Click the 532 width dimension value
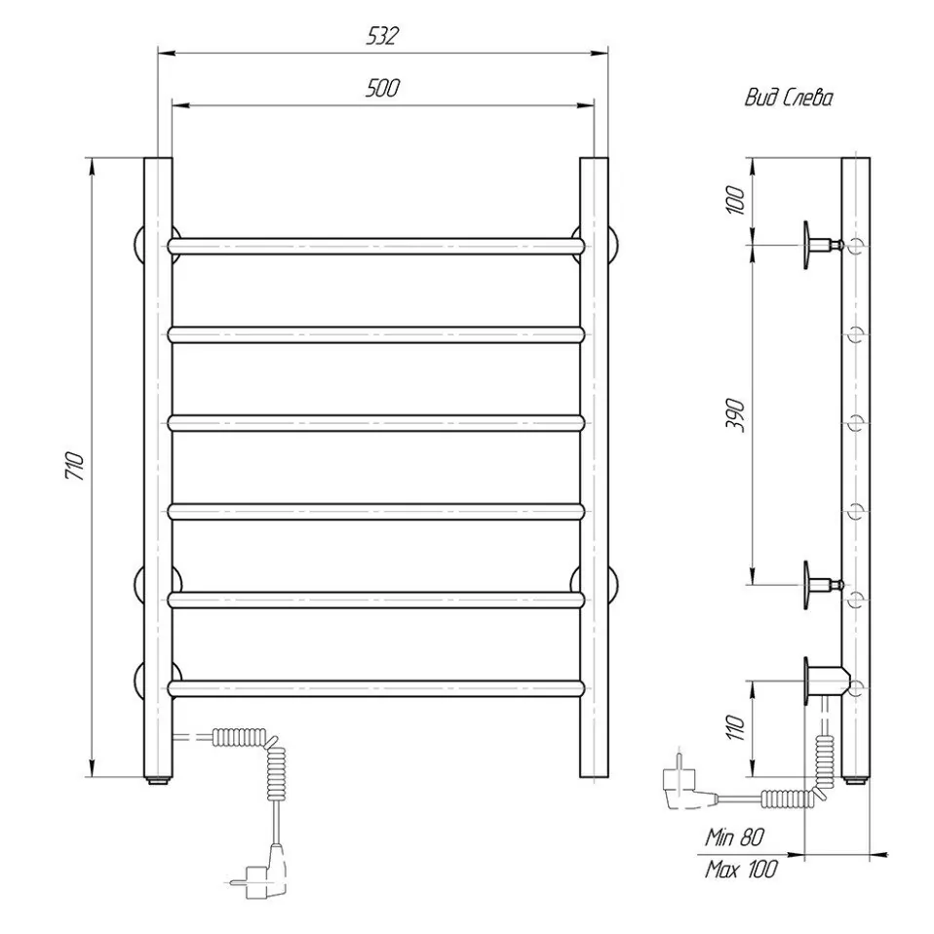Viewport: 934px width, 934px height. point(382,36)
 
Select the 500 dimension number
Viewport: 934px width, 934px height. point(382,88)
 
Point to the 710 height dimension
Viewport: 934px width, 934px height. point(75,466)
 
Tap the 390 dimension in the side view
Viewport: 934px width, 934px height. point(736,415)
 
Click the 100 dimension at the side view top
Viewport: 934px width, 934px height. point(736,200)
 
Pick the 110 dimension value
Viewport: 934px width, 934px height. point(736,727)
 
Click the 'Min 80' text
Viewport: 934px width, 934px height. point(734,837)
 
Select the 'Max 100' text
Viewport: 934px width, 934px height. point(741,869)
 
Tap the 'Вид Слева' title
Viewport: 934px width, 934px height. point(788,97)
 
